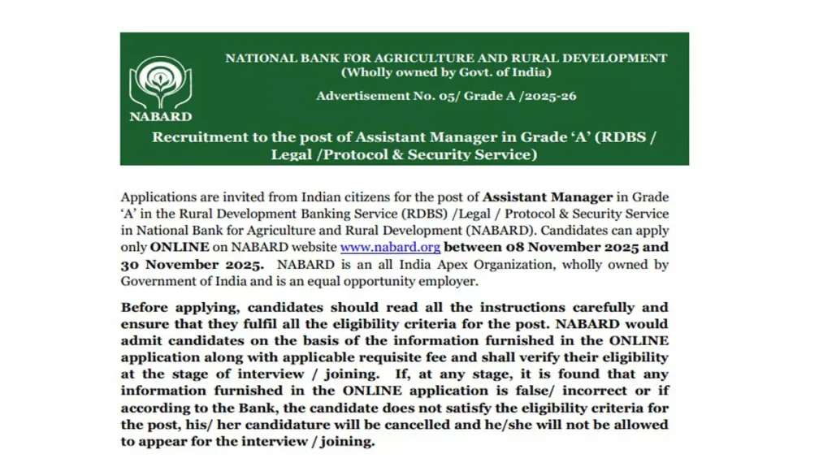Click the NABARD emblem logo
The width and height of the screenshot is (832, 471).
[x=160, y=82]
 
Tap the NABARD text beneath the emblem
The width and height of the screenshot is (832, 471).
[x=161, y=115]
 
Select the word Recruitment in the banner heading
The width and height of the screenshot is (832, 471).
[x=199, y=136]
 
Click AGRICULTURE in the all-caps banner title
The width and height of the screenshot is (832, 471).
[x=411, y=58]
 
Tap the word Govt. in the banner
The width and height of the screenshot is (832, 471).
[x=457, y=72]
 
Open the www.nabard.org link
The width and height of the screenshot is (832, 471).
[x=390, y=248]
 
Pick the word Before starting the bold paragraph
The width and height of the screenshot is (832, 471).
[x=144, y=308]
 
